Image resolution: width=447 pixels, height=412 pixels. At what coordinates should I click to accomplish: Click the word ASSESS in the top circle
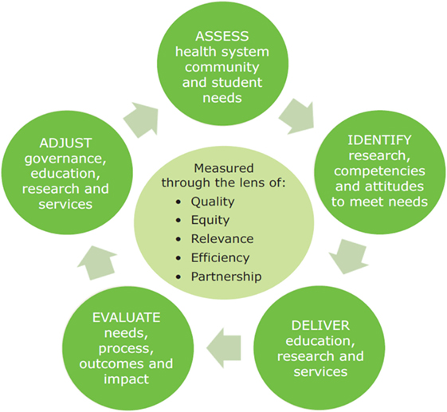click(x=222, y=36)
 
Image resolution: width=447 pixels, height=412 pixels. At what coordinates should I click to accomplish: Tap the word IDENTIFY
click(x=379, y=140)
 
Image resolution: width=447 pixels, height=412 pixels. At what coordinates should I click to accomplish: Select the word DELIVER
click(x=320, y=326)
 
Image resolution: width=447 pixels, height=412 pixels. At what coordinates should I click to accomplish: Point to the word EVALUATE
click(x=126, y=318)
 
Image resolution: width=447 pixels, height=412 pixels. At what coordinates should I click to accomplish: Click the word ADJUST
click(x=65, y=143)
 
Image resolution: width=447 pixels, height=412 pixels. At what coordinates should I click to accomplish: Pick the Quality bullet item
click(x=213, y=202)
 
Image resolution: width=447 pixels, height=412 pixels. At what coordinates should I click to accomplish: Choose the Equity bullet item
click(x=210, y=221)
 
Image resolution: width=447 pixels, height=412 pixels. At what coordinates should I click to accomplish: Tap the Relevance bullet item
click(x=222, y=239)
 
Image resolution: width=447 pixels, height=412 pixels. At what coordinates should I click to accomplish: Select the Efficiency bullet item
click(x=220, y=257)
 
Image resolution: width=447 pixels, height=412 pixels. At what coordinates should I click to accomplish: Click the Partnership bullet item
click(x=226, y=277)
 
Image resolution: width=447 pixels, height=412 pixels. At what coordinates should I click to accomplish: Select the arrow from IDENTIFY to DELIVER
click(x=349, y=257)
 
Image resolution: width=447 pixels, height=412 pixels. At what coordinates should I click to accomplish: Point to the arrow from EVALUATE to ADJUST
click(x=97, y=263)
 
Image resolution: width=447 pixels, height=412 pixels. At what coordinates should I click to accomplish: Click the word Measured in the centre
click(x=223, y=168)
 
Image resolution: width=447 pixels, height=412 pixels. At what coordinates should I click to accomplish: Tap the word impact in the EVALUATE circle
click(x=126, y=379)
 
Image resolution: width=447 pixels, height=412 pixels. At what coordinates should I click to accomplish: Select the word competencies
click(x=379, y=171)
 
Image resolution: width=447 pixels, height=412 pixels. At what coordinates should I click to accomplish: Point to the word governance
click(x=65, y=159)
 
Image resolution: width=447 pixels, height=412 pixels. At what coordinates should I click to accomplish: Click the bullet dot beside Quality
click(x=178, y=202)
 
